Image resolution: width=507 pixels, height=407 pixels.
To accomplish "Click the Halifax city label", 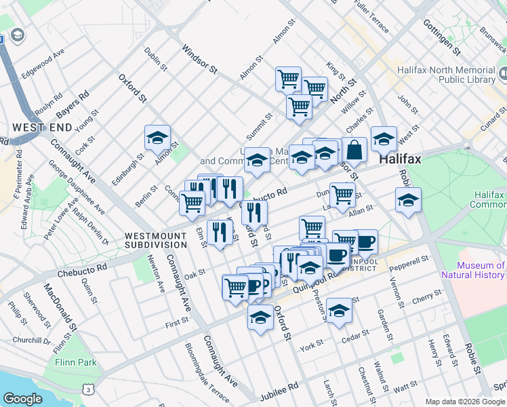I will (x=400, y=160).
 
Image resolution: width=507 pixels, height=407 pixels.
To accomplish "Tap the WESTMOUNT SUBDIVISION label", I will (x=155, y=240).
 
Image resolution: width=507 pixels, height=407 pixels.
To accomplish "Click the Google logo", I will (x=22, y=399).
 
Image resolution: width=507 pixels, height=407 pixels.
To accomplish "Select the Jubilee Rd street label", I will (x=283, y=387).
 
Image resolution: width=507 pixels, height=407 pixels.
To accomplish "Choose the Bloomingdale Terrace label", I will (x=207, y=372).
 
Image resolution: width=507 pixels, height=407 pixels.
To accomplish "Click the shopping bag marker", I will (x=354, y=149).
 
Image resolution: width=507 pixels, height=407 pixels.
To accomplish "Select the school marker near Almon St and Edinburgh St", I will (x=157, y=138).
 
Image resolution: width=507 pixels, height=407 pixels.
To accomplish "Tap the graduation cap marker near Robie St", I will (x=408, y=201).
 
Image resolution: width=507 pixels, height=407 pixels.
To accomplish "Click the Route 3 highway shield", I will (x=87, y=389).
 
